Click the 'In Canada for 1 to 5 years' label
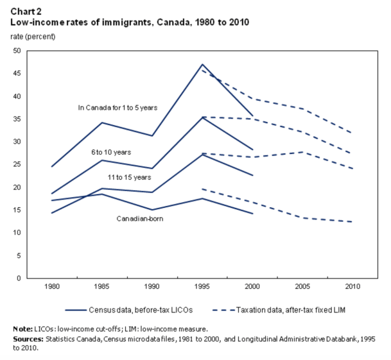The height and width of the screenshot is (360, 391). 117,108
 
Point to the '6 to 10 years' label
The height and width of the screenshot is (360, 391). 111,152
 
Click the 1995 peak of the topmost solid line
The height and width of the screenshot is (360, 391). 202,64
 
